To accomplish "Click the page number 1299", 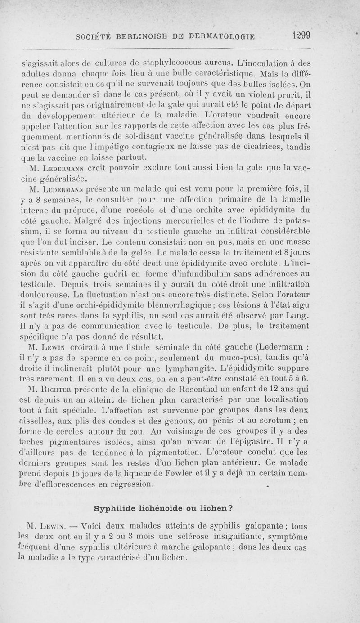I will tap(304, 36).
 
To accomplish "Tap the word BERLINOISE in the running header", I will tap(140, 37).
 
